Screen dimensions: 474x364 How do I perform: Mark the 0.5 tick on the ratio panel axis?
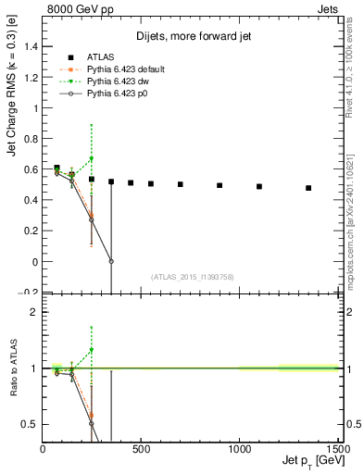click(x=31, y=424)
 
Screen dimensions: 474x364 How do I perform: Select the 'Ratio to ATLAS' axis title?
click(x=12, y=367)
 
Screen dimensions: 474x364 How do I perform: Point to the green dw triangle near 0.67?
click(x=91, y=158)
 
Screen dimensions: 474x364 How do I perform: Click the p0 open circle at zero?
click(x=111, y=261)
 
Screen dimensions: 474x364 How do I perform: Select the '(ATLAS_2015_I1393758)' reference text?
click(x=191, y=275)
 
